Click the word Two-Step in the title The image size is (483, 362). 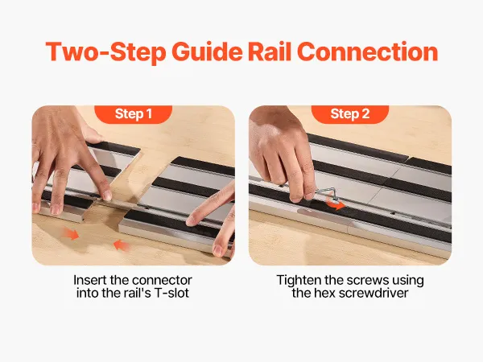(x=106, y=52)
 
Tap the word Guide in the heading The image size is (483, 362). (x=207, y=52)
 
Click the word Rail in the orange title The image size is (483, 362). (x=270, y=51)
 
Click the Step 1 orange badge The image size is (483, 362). (x=133, y=114)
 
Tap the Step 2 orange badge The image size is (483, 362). (x=350, y=114)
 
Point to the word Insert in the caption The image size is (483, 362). (x=89, y=280)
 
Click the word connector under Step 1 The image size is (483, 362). (x=162, y=281)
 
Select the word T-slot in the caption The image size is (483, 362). (x=171, y=293)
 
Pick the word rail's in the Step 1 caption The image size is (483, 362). (x=138, y=293)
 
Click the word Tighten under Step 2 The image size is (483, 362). (x=299, y=281)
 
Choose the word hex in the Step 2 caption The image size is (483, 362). (x=325, y=293)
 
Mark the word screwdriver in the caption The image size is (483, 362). (x=374, y=293)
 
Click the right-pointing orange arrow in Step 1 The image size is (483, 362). (x=71, y=233)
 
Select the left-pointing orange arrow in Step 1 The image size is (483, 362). (x=122, y=245)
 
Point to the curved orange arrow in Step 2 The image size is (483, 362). (x=336, y=204)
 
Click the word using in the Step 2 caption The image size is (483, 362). (x=408, y=281)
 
